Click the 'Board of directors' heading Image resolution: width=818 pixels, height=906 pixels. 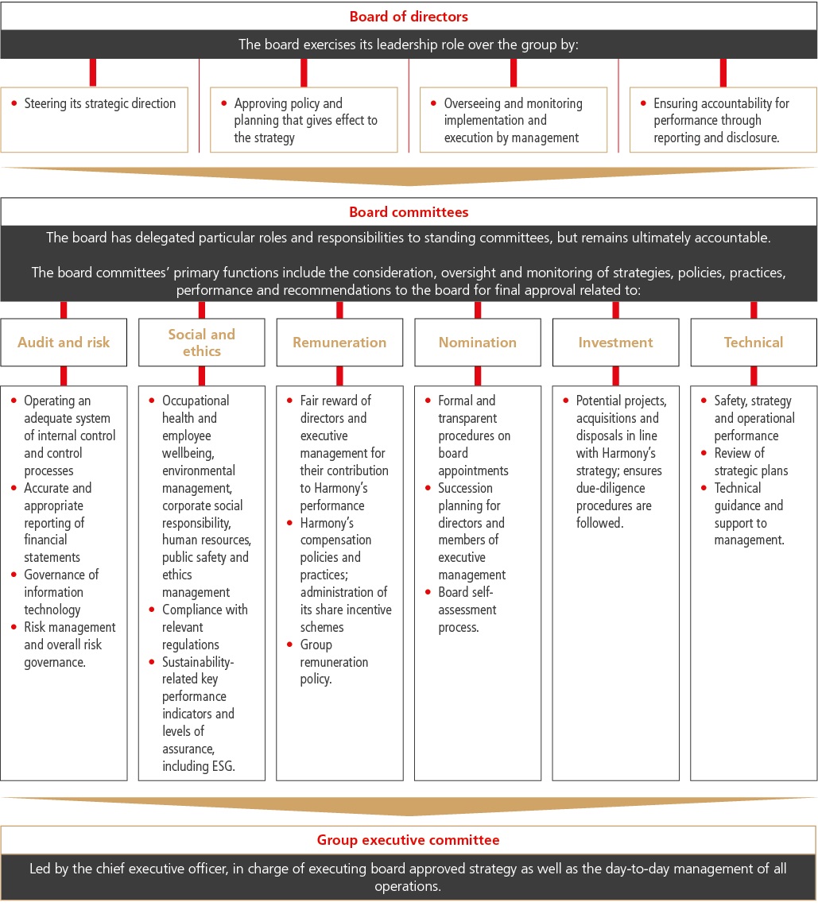(409, 15)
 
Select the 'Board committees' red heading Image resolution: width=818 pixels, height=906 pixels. (409, 212)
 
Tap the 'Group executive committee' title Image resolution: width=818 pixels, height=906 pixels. (409, 840)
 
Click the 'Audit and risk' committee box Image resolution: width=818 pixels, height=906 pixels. (64, 343)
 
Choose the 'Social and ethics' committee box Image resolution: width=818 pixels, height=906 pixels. (202, 343)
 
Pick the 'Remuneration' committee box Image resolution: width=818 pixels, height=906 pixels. (339, 343)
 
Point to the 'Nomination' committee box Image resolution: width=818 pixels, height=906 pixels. (478, 343)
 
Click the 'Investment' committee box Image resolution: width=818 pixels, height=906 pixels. (615, 343)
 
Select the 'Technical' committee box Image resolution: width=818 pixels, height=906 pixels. (754, 343)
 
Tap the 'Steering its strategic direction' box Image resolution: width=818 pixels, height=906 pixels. (95, 119)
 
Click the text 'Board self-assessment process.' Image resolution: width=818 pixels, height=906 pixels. (467, 610)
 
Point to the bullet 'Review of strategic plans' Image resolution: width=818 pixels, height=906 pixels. (739, 462)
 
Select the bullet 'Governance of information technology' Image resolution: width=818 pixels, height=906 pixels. (61, 592)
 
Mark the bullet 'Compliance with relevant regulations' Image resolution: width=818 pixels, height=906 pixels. (204, 627)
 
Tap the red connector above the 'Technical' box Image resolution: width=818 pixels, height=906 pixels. (754, 310)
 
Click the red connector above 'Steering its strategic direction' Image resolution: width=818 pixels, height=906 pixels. (94, 72)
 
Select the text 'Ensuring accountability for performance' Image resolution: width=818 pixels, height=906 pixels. (721, 112)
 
